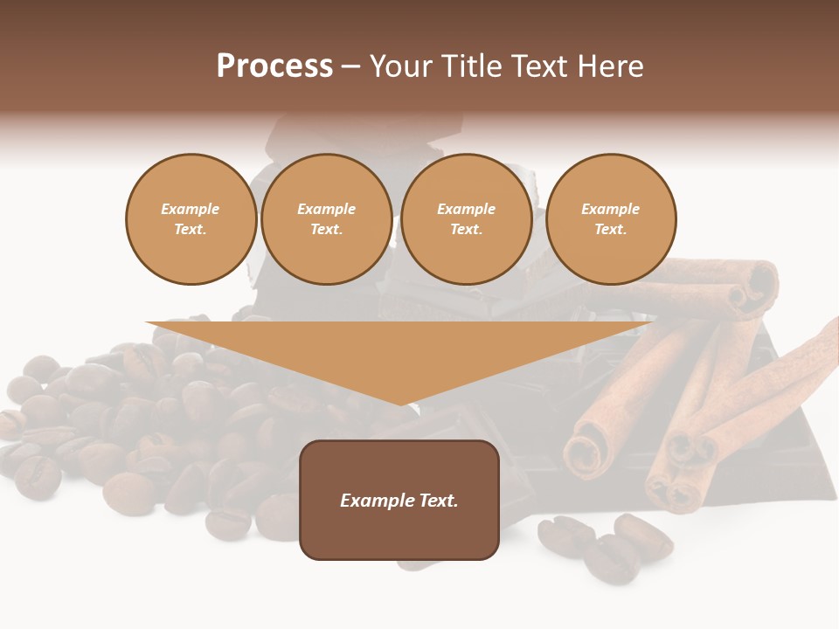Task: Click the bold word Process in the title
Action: coord(274,66)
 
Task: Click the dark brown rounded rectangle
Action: coord(399,533)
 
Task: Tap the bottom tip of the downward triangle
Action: coord(400,404)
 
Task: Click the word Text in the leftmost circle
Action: coord(189,230)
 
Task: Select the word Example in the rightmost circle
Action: coord(610,209)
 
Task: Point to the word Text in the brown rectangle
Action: coord(438,501)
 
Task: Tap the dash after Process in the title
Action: coord(350,67)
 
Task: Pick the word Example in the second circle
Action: coord(326,209)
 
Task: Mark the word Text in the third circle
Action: coord(465,230)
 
